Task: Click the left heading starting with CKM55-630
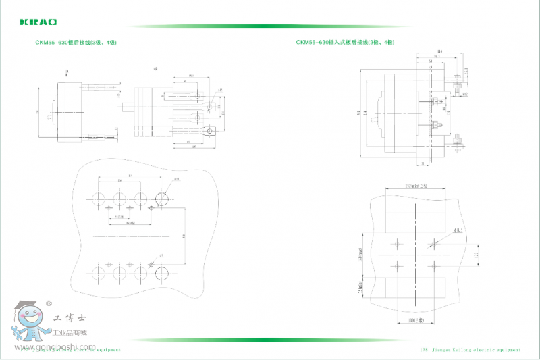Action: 76,43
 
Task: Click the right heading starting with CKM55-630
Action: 345,43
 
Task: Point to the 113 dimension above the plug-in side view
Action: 439,51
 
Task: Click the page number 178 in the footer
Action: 424,350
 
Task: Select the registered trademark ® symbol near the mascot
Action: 49,303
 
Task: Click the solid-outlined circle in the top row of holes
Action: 163,199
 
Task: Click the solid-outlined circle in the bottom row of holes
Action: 163,272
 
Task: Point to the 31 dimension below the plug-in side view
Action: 423,164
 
